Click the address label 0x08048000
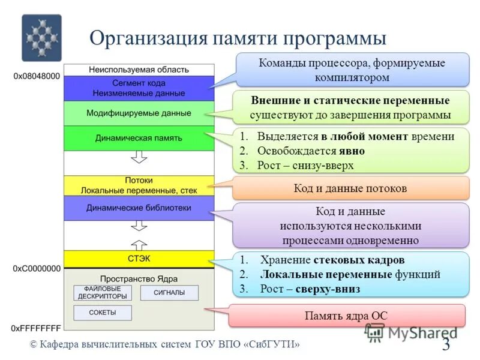tap(37, 76)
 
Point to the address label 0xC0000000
tap(37, 269)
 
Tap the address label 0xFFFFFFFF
tap(37, 328)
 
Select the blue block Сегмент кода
tap(139, 88)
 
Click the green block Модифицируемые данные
tap(139, 113)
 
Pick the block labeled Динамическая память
tap(139, 138)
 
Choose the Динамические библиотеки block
tap(139, 208)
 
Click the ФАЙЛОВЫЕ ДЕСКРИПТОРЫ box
tap(101, 292)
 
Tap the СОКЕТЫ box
tap(101, 313)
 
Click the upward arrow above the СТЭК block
tap(139, 244)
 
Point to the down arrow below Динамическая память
tap(139, 157)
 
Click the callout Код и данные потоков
tap(350, 188)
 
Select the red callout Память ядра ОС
tap(347, 315)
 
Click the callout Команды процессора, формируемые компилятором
tap(352, 70)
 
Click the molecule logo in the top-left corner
tap(41, 38)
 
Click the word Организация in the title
tap(148, 38)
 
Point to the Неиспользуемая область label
tap(139, 70)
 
